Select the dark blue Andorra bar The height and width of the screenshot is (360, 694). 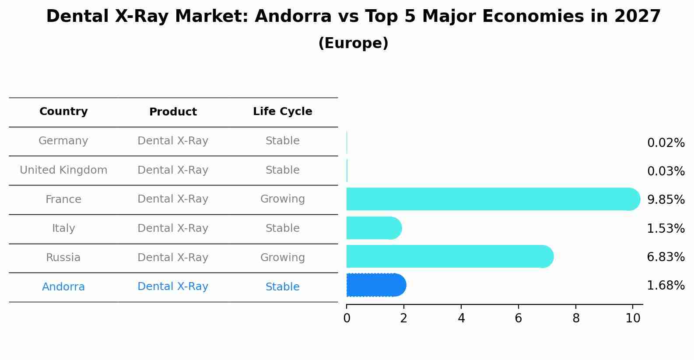click(375, 285)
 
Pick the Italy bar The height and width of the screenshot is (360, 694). click(373, 228)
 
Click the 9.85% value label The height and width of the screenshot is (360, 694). click(666, 200)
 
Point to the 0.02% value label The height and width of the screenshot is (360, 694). click(666, 143)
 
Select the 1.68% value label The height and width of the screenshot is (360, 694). click(666, 286)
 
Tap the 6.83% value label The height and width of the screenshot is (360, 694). click(666, 257)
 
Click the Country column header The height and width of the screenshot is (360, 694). click(63, 112)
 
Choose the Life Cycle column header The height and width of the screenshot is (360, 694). click(282, 112)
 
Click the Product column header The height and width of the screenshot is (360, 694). click(173, 112)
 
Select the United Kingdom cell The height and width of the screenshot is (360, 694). click(63, 170)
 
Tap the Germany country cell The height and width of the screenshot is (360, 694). click(63, 141)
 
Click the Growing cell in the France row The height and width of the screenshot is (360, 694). click(282, 199)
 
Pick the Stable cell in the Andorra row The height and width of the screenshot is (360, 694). click(282, 287)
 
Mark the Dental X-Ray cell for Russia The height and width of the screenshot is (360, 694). click(173, 258)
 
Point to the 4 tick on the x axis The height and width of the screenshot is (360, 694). click(461, 318)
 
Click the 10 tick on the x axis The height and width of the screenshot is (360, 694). click(633, 318)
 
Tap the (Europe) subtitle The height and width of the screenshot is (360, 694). click(353, 43)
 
